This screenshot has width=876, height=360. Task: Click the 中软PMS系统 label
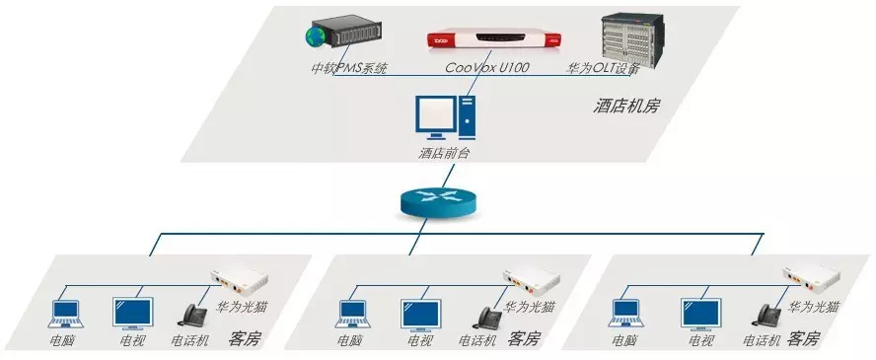(349, 69)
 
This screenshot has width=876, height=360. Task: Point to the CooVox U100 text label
(486, 69)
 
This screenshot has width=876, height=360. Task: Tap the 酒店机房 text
(625, 105)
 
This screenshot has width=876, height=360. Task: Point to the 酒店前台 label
(446, 153)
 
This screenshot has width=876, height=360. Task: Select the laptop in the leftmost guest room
(67, 315)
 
